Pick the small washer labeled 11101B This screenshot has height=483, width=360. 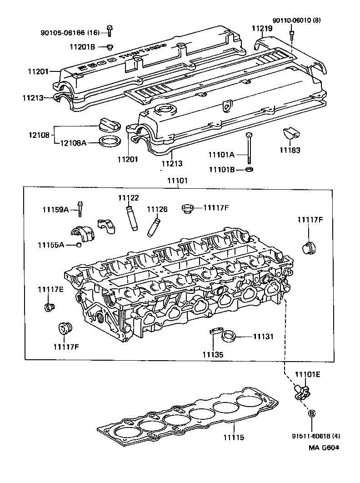(249, 170)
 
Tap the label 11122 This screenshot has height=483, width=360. (128, 198)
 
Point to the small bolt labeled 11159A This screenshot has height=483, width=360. (80, 209)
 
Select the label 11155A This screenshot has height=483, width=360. (50, 245)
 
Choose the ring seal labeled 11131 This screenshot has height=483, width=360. (228, 337)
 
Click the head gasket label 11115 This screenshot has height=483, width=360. (233, 438)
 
